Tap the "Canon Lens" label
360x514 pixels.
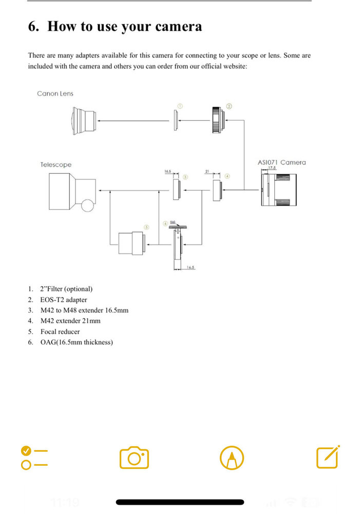55,94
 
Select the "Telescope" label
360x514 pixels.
56,164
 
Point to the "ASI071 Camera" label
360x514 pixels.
281,162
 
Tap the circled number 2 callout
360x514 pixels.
229,106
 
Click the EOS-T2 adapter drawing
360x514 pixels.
217,120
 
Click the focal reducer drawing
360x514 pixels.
130,243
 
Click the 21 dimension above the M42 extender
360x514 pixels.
207,172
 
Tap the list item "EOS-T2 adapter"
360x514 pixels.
63,300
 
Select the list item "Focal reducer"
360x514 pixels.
60,332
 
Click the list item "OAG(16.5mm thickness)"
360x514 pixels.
76,342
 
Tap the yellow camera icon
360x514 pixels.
134,457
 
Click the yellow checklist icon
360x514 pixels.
34,457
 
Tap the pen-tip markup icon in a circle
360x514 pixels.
232,457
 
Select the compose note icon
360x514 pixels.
328,456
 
